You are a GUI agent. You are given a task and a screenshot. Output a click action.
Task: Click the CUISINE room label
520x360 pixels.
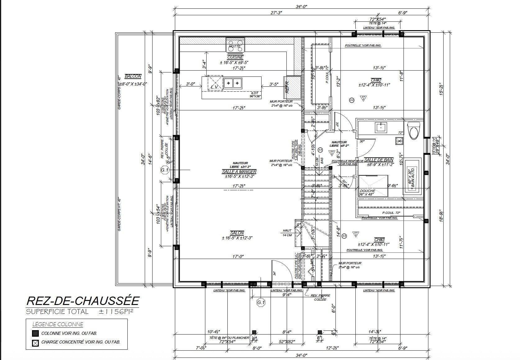pos(235,58)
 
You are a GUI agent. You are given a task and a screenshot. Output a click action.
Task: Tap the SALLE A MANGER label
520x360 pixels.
pos(239,172)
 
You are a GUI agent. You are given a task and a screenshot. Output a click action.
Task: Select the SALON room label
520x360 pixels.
pos(237,233)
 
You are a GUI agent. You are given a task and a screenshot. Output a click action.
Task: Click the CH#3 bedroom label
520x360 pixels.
pos(379,240)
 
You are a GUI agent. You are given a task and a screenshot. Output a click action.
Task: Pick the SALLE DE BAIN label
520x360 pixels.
pos(379,160)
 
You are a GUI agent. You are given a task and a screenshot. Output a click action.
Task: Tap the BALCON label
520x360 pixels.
pos(133,76)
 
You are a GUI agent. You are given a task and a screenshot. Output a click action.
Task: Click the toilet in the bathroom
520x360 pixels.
pos(414,130)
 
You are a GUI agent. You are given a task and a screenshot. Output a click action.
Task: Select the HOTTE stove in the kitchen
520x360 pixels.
pos(235,45)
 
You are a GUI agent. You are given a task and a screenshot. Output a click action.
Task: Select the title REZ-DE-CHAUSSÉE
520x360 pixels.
pos(83,301)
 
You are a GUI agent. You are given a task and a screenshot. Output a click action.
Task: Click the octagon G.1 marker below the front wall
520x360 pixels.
pos(261,302)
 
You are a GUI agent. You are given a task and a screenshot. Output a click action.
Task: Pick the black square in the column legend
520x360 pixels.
pos(35,333)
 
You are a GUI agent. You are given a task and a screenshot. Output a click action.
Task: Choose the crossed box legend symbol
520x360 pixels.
pos(35,343)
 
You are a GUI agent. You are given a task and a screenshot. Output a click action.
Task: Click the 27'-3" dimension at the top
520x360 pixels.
pos(276,13)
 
